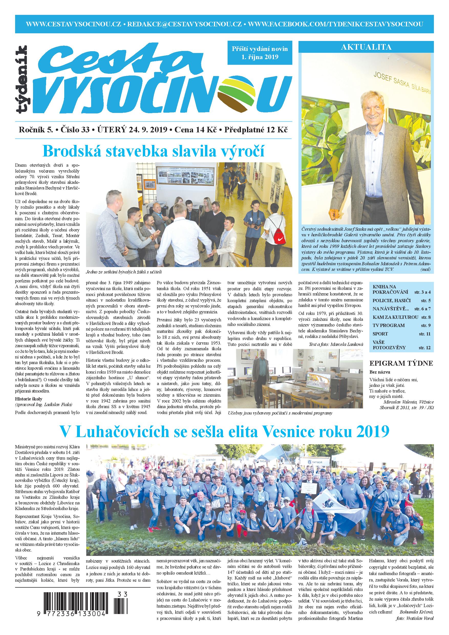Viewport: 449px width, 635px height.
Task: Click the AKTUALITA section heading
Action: coord(366,47)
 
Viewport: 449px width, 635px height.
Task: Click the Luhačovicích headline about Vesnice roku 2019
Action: coord(224,431)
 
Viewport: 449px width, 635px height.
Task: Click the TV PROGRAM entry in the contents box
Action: coord(388,325)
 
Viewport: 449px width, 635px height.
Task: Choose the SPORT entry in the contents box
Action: coord(380,334)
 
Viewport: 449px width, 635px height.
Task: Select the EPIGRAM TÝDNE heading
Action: coord(401,363)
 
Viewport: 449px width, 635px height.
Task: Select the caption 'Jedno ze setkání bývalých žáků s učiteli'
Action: coord(124,272)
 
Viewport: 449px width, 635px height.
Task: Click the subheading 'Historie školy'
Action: coord(29,399)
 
